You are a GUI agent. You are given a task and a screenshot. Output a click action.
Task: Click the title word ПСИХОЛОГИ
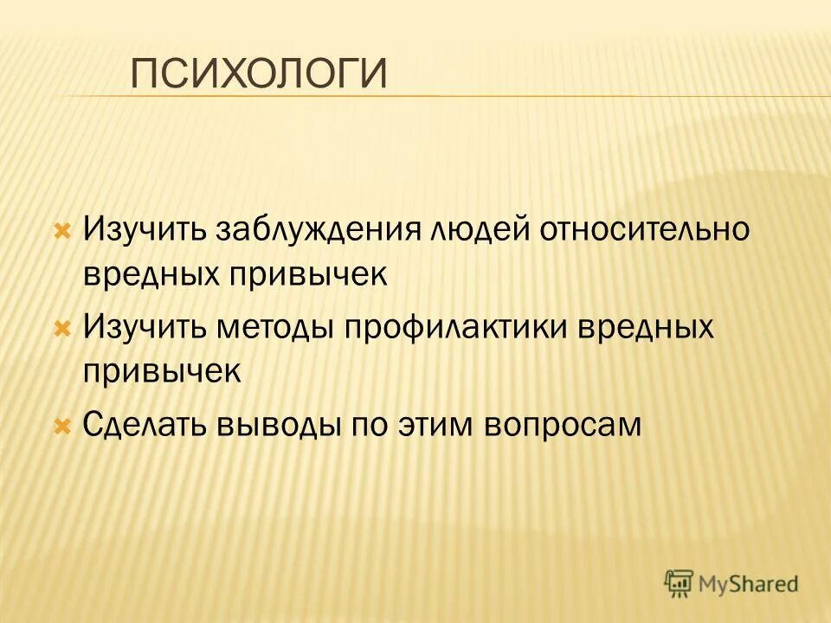(x=258, y=74)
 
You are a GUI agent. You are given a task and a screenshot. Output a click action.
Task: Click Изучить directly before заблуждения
(x=144, y=231)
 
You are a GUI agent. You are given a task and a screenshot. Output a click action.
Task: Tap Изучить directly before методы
(x=144, y=329)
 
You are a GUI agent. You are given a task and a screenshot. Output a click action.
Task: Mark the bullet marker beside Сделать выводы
(x=61, y=426)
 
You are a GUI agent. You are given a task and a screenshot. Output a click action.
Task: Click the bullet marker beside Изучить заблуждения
(x=61, y=232)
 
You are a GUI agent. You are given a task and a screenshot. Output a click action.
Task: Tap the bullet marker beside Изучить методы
(x=61, y=329)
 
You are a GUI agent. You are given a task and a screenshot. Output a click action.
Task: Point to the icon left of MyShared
(x=679, y=582)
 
